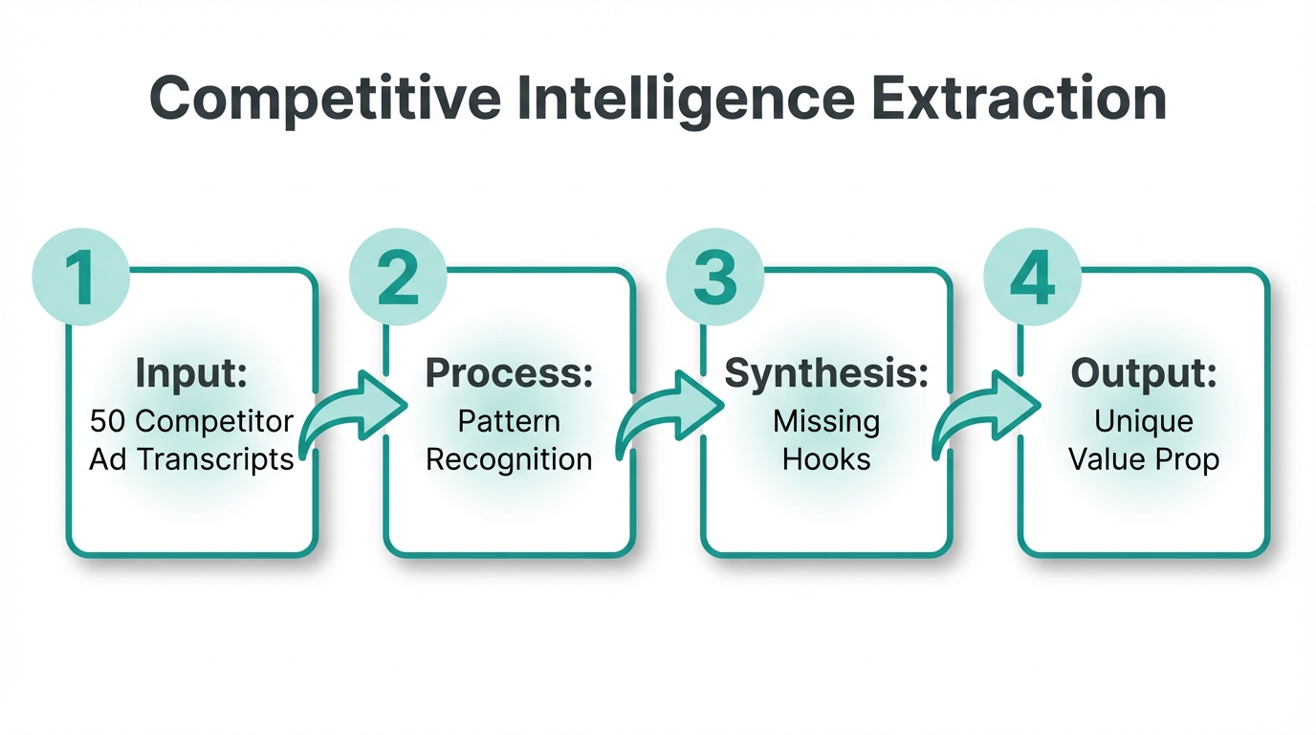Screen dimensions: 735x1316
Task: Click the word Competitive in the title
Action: click(x=322, y=99)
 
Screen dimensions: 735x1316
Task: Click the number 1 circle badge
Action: click(x=80, y=277)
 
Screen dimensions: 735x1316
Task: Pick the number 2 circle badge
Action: click(x=398, y=277)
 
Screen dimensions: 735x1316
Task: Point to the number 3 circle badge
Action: click(x=714, y=277)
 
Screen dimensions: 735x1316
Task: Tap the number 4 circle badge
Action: click(x=1032, y=277)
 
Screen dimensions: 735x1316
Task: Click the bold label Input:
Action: click(x=191, y=373)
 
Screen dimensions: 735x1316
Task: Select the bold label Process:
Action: click(x=509, y=373)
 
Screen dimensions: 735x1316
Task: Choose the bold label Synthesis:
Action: click(x=826, y=373)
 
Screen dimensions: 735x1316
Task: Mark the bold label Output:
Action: click(x=1144, y=373)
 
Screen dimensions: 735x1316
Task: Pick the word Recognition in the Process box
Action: click(x=509, y=459)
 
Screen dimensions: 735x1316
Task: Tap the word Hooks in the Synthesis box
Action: click(x=826, y=459)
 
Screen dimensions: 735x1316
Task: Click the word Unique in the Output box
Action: click(x=1144, y=421)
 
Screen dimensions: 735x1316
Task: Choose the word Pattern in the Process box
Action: click(x=509, y=421)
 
